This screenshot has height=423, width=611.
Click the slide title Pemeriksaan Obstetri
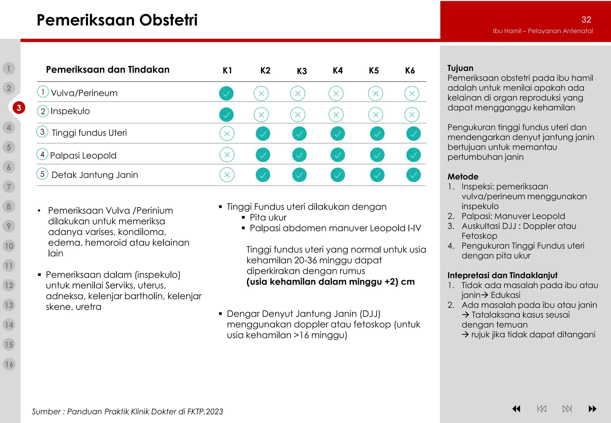117,20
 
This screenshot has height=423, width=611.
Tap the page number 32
586,20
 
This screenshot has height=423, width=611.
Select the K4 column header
338,71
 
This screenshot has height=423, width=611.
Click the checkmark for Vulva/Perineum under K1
226,94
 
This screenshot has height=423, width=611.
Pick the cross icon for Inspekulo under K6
412,115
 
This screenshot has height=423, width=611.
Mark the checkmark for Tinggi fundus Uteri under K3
299,134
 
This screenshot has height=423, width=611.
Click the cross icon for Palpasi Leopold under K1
227,155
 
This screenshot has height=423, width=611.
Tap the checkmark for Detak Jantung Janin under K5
377,175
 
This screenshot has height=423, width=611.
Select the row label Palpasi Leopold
83,155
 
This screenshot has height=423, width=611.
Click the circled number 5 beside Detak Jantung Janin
42,174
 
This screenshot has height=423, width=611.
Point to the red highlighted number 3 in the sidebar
19,108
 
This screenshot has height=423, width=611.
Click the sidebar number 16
9,364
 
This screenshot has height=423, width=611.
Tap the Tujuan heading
460,68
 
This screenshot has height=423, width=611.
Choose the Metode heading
463,177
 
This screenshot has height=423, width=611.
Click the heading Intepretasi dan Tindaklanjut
502,275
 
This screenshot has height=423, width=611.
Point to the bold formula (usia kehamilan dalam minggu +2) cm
330,282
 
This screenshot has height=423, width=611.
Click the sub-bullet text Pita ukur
268,217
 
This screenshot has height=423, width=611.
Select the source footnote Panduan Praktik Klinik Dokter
127,412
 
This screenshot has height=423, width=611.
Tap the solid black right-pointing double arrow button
592,409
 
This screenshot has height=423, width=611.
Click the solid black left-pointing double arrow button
516,409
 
